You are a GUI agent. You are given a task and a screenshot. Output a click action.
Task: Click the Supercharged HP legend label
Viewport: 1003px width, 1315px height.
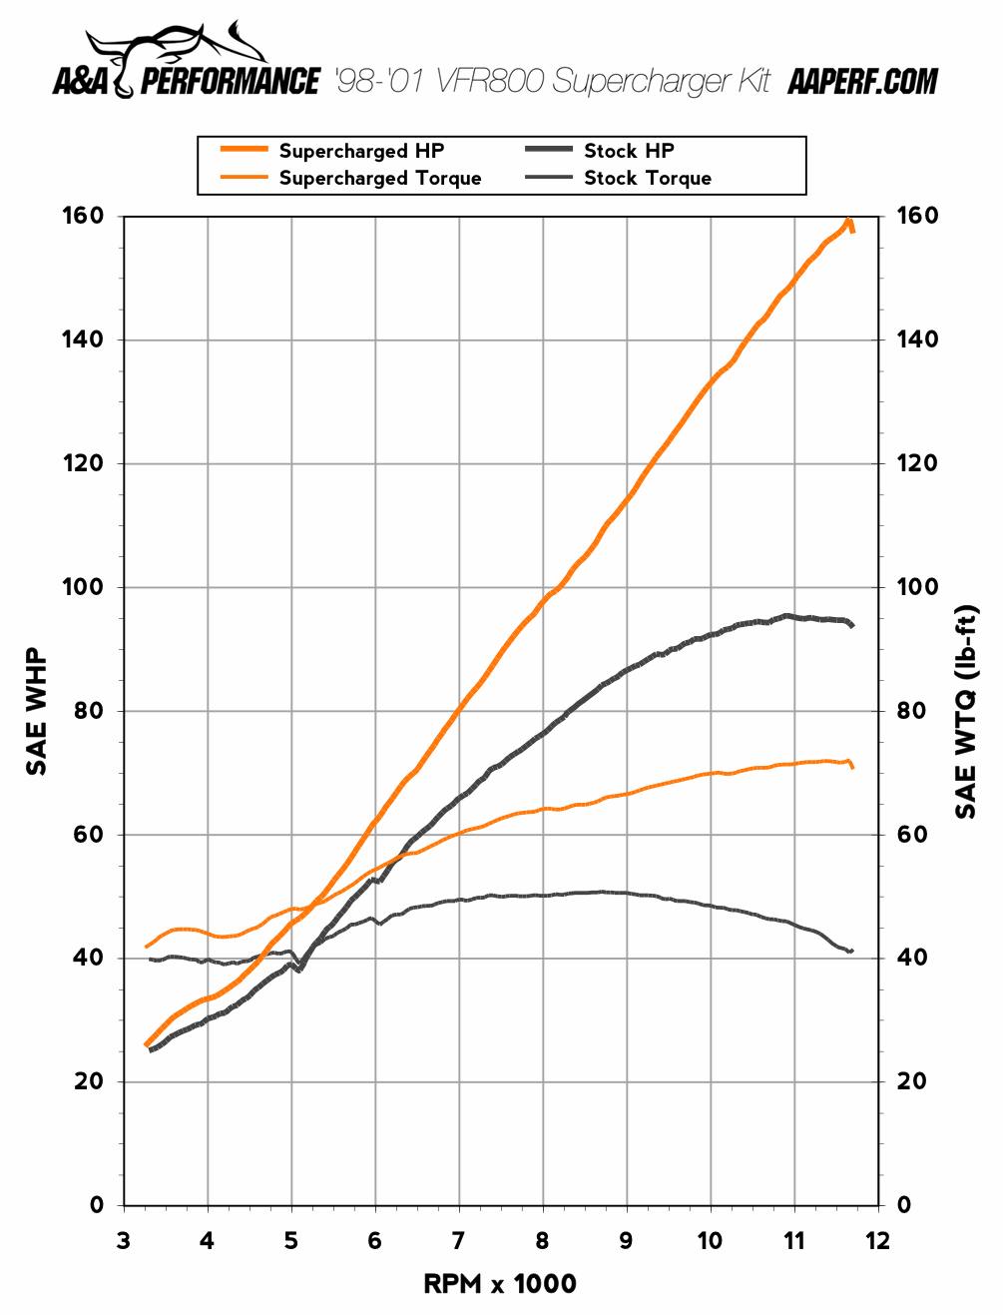(361, 151)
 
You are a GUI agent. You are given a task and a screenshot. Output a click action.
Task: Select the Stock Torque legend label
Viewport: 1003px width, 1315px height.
(647, 178)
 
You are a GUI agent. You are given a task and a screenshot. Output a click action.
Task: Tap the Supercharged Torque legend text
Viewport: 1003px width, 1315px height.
(379, 178)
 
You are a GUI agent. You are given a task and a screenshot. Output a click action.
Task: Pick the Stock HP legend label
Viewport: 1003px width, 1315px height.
(629, 151)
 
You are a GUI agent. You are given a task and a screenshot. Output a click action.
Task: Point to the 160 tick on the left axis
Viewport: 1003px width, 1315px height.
(83, 216)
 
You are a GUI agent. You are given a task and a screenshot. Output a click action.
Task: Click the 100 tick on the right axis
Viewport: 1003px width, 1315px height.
(917, 587)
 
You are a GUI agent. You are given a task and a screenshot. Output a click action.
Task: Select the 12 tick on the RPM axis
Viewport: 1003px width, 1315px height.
(877, 1241)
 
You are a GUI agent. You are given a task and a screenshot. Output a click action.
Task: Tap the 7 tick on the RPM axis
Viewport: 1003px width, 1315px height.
(458, 1241)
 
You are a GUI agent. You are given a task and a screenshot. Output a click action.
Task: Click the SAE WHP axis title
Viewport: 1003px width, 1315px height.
(37, 711)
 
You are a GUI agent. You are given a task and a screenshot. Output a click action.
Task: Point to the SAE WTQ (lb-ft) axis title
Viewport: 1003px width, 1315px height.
(966, 711)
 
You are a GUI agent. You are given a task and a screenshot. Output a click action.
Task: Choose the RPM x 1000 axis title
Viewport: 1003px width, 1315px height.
(500, 1284)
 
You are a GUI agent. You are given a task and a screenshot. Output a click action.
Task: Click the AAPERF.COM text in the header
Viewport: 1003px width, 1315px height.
(862, 82)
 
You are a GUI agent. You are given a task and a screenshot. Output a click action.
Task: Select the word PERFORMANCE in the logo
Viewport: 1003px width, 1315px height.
(231, 82)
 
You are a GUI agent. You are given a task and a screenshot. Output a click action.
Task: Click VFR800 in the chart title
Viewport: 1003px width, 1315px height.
(490, 81)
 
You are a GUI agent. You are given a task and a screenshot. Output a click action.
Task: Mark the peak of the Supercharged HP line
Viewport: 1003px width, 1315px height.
(848, 221)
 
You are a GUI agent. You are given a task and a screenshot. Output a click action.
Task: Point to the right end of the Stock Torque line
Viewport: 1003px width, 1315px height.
(851, 951)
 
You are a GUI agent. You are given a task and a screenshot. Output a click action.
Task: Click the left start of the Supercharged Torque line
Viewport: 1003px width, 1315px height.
(147, 947)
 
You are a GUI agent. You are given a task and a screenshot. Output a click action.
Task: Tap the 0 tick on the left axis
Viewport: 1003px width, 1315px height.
(97, 1205)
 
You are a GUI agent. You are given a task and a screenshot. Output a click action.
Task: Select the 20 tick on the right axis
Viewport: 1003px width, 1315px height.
(911, 1081)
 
